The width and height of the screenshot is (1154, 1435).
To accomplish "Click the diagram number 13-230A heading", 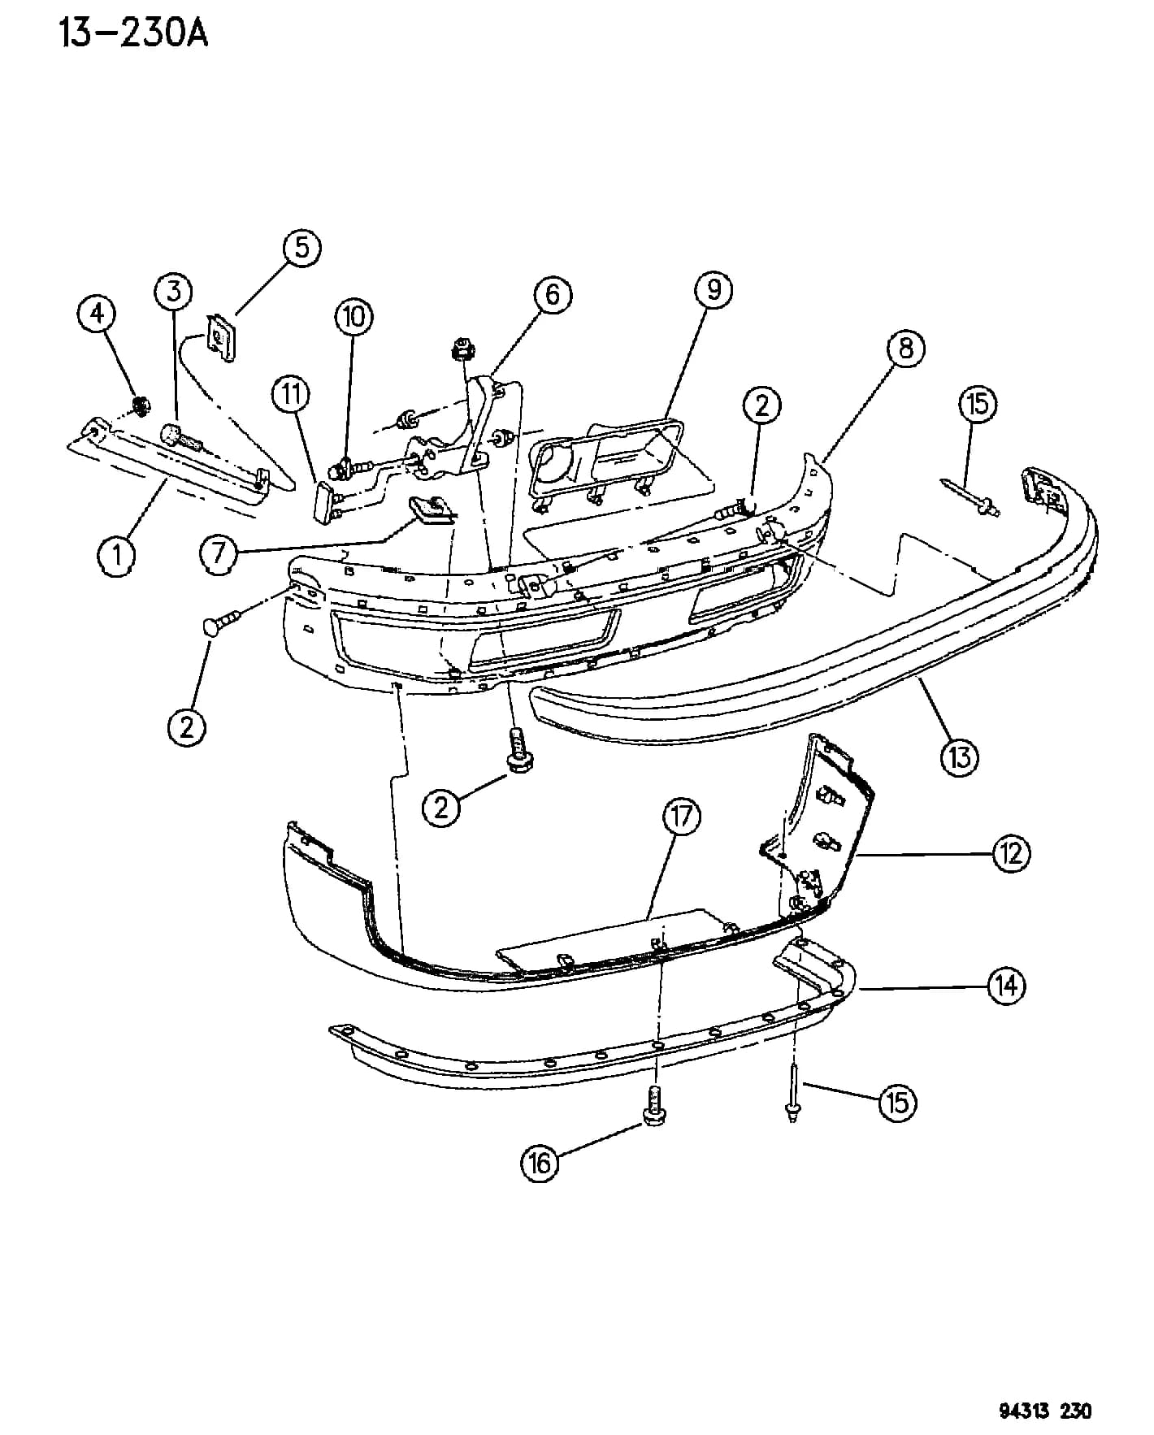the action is tap(133, 33).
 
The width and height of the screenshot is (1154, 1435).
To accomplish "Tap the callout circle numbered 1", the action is tap(118, 556).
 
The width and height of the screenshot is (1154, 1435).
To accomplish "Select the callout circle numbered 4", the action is tap(98, 313).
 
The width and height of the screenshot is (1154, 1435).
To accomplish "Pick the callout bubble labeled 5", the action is tap(302, 247).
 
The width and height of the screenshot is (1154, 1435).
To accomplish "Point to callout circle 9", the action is tap(714, 289).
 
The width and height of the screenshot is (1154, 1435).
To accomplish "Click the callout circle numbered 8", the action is tap(906, 349).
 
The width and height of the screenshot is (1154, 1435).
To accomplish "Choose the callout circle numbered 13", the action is tap(960, 758).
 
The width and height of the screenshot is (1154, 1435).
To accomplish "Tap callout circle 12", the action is tap(1011, 853).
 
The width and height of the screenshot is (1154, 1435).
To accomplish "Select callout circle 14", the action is tap(1007, 986).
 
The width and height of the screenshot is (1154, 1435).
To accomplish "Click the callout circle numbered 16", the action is tap(540, 1163).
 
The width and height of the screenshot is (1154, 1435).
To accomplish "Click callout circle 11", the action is tap(291, 395).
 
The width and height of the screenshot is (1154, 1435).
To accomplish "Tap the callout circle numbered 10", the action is tap(354, 316).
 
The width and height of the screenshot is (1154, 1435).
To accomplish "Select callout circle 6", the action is tap(553, 294).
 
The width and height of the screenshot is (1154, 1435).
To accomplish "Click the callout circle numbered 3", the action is tap(174, 291).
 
